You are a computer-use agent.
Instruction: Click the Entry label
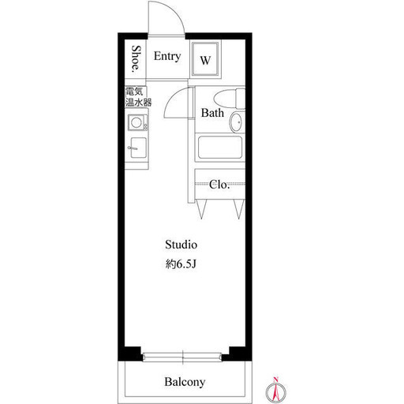(x=167, y=57)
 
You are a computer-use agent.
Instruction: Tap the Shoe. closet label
(x=137, y=59)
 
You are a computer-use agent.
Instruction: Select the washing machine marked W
(x=205, y=58)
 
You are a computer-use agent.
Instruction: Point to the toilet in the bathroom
(x=230, y=99)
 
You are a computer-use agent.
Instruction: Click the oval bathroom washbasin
(x=237, y=122)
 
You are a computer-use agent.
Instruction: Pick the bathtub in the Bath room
(x=220, y=148)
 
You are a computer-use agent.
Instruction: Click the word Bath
(x=212, y=113)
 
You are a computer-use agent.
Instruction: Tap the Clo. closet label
(x=219, y=185)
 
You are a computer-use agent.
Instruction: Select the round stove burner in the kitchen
(x=137, y=123)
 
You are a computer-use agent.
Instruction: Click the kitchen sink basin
(x=138, y=148)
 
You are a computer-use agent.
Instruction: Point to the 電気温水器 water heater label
(x=138, y=97)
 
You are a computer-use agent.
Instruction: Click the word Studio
(x=181, y=245)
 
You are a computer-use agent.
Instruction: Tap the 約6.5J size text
(x=181, y=264)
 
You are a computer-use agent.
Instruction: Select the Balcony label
(x=185, y=382)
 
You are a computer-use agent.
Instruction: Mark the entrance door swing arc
(x=174, y=10)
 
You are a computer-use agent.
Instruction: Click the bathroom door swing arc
(x=171, y=98)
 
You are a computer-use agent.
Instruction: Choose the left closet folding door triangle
(x=201, y=209)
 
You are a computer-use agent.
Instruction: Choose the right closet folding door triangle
(x=239, y=209)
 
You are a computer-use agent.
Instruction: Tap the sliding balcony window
(x=182, y=357)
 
